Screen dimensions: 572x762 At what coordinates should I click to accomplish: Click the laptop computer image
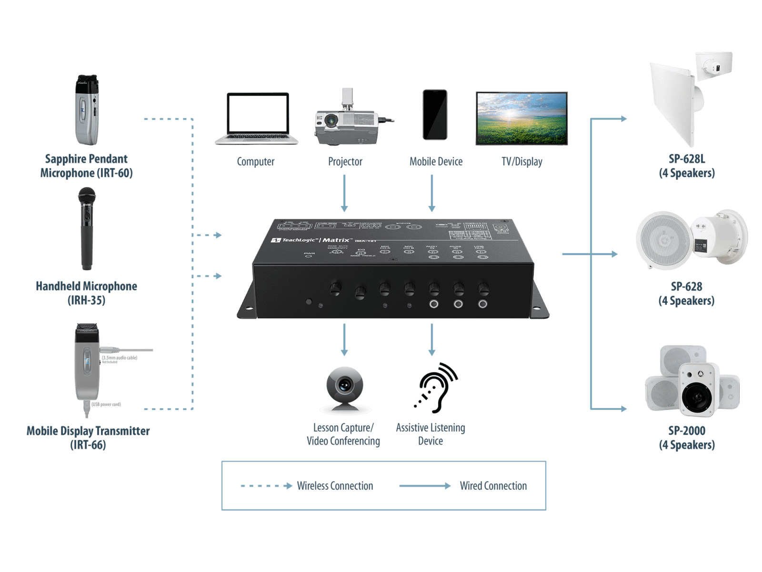click(x=257, y=118)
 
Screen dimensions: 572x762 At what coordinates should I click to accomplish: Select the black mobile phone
click(x=435, y=115)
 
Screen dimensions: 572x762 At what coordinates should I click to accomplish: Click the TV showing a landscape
click(x=522, y=118)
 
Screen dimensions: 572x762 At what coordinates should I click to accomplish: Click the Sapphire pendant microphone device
click(x=87, y=111)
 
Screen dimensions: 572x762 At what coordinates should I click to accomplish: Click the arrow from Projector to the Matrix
click(x=344, y=193)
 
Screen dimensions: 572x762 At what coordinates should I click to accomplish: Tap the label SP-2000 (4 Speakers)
click(x=687, y=438)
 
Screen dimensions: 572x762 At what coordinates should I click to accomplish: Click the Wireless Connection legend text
click(x=335, y=486)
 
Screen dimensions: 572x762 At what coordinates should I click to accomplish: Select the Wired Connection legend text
click(x=493, y=486)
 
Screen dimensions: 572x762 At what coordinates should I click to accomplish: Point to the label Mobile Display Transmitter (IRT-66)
click(x=88, y=438)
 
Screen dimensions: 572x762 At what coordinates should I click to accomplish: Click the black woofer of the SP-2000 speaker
click(x=697, y=395)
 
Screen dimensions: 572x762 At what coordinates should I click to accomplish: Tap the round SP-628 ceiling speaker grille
click(x=663, y=240)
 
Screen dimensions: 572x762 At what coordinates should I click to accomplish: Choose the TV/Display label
click(x=522, y=162)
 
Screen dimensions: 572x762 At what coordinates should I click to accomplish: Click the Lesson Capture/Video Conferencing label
click(x=343, y=434)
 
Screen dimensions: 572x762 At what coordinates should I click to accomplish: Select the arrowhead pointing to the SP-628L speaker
click(x=623, y=119)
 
